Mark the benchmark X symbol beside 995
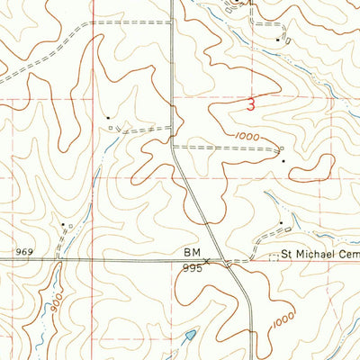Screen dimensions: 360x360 (x=207, y=261)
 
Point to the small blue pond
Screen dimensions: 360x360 (x=189, y=337)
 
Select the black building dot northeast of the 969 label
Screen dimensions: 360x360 (x=63, y=224)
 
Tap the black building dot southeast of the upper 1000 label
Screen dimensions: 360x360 (x=284, y=161)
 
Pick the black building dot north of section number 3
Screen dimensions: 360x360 (x=277, y=39)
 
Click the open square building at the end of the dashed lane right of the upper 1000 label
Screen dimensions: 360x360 (x=282, y=148)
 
